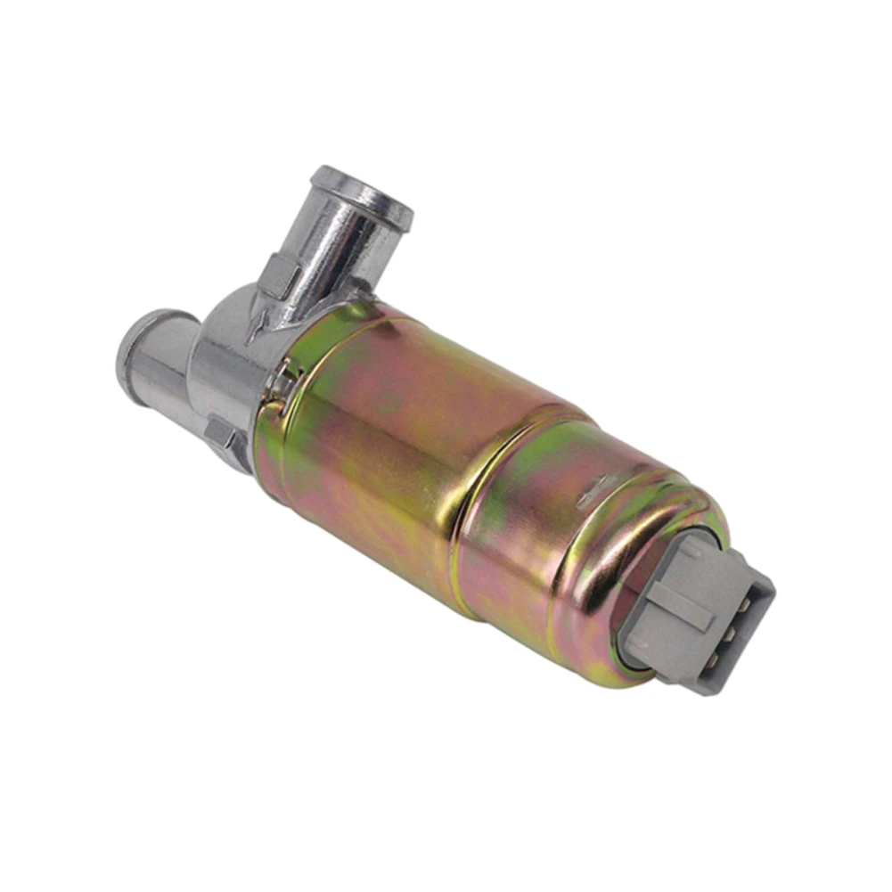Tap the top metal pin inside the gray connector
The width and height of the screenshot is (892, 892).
point(742,605)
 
